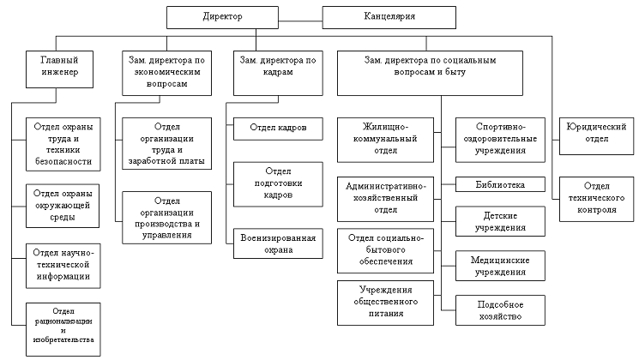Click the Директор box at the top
[x=224, y=17]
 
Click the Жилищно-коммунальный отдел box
[x=384, y=139]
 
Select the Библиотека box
[x=499, y=184]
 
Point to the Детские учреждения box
[x=499, y=221]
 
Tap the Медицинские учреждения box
[x=499, y=265]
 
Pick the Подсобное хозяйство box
[x=499, y=309]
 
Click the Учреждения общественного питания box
[x=384, y=301]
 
